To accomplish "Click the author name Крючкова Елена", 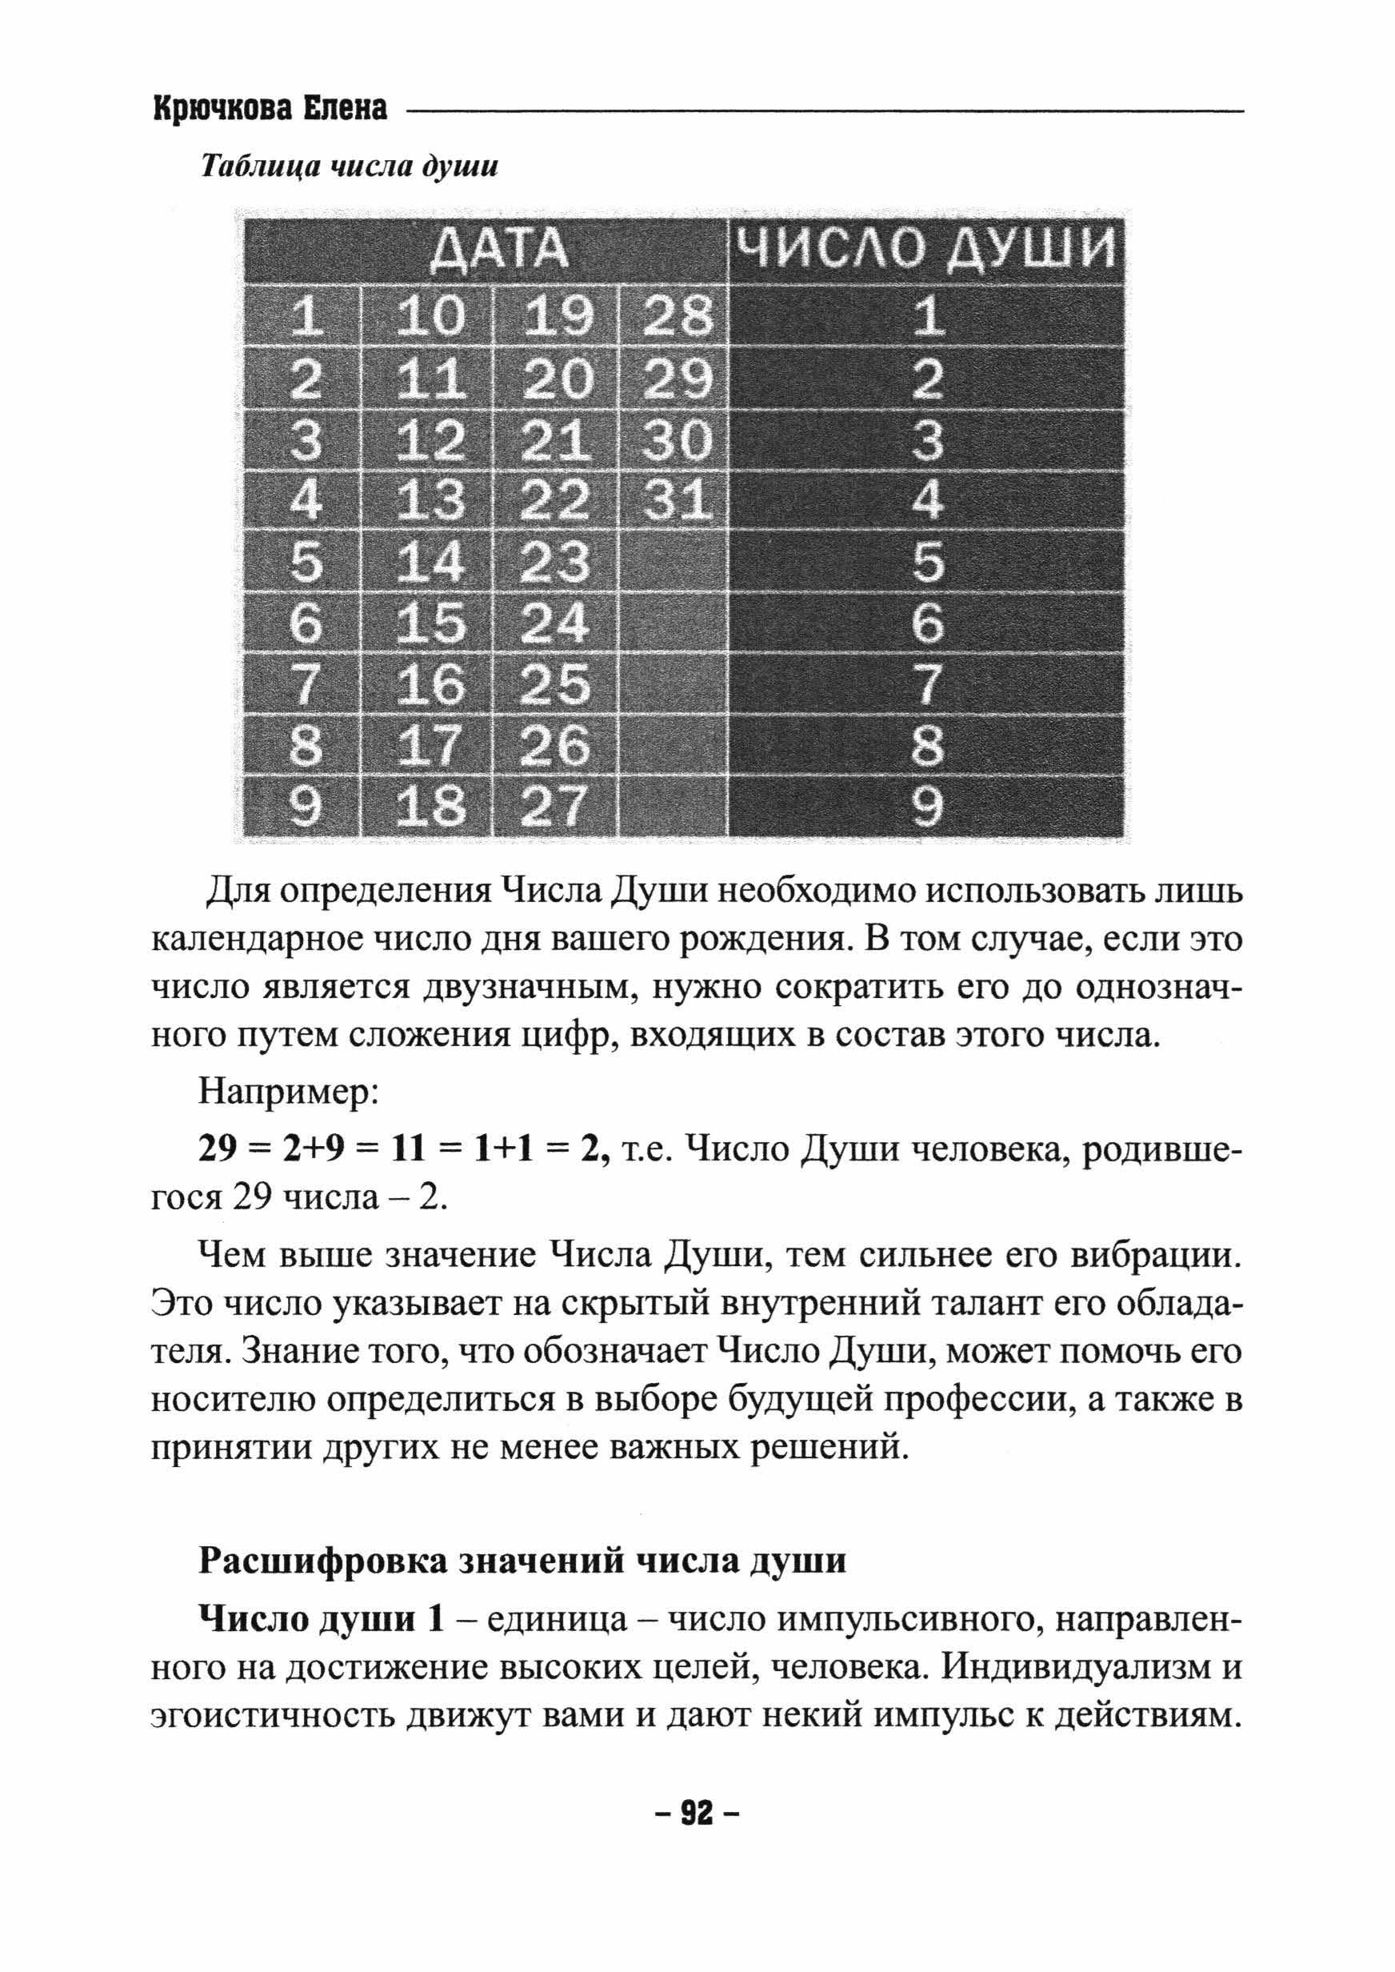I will (270, 109).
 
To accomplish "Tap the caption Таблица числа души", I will (349, 166).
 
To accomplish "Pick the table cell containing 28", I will (677, 316).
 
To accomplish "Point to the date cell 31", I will (677, 500).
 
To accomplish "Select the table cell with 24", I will (557, 623).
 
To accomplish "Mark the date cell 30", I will (677, 439).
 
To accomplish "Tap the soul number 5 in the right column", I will (926, 562).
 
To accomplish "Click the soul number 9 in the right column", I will (926, 807).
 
